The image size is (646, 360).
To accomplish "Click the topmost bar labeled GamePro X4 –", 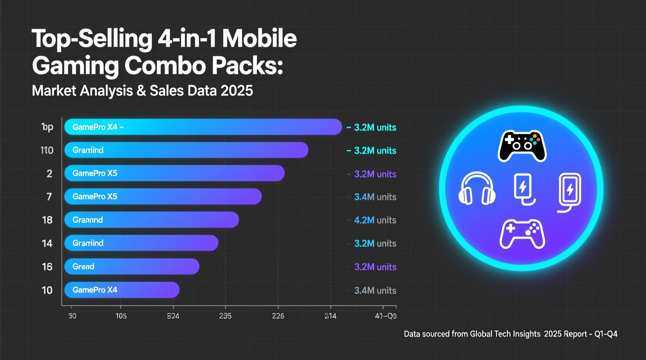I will pyautogui.click(x=203, y=127).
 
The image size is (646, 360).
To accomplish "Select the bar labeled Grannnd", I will pyautogui.click(x=151, y=220).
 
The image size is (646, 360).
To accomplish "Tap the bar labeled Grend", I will pyautogui.click(x=132, y=267).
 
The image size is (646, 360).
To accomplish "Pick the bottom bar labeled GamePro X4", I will pyautogui.click(x=122, y=290).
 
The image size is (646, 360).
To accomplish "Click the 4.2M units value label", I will pyautogui.click(x=375, y=220).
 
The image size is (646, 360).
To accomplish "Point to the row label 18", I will pyautogui.click(x=47, y=220).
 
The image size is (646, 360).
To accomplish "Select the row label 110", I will pyautogui.click(x=47, y=150).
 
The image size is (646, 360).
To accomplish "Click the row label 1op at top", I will pyautogui.click(x=47, y=127).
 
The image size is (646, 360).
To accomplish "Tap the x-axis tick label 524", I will pyautogui.click(x=173, y=316).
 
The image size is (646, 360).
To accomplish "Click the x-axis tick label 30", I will pyautogui.click(x=72, y=316).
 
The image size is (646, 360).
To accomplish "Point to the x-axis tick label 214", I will pyautogui.click(x=330, y=316).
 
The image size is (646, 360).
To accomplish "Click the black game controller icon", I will pyautogui.click(x=522, y=146).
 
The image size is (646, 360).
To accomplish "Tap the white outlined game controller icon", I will pyautogui.click(x=522, y=234).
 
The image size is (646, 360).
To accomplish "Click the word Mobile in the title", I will pyautogui.click(x=259, y=39).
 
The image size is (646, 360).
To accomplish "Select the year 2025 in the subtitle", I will pyautogui.click(x=236, y=91).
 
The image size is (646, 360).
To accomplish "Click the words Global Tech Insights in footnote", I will pyautogui.click(x=505, y=334).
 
